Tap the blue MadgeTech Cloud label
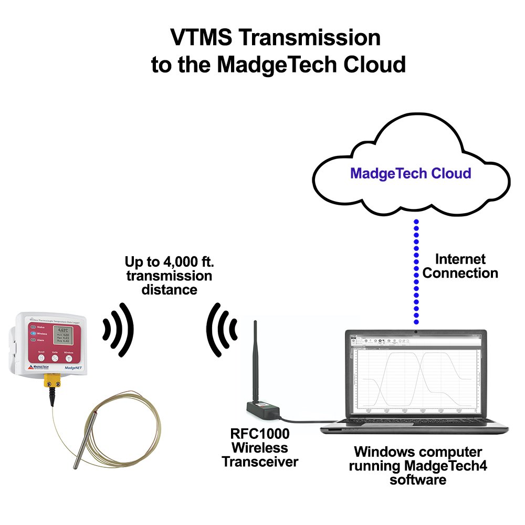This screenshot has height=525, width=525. [411, 173]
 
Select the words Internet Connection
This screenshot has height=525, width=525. [460, 266]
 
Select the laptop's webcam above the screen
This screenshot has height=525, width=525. [416, 332]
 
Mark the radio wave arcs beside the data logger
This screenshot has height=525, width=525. [118, 330]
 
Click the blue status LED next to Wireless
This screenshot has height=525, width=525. [33, 333]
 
